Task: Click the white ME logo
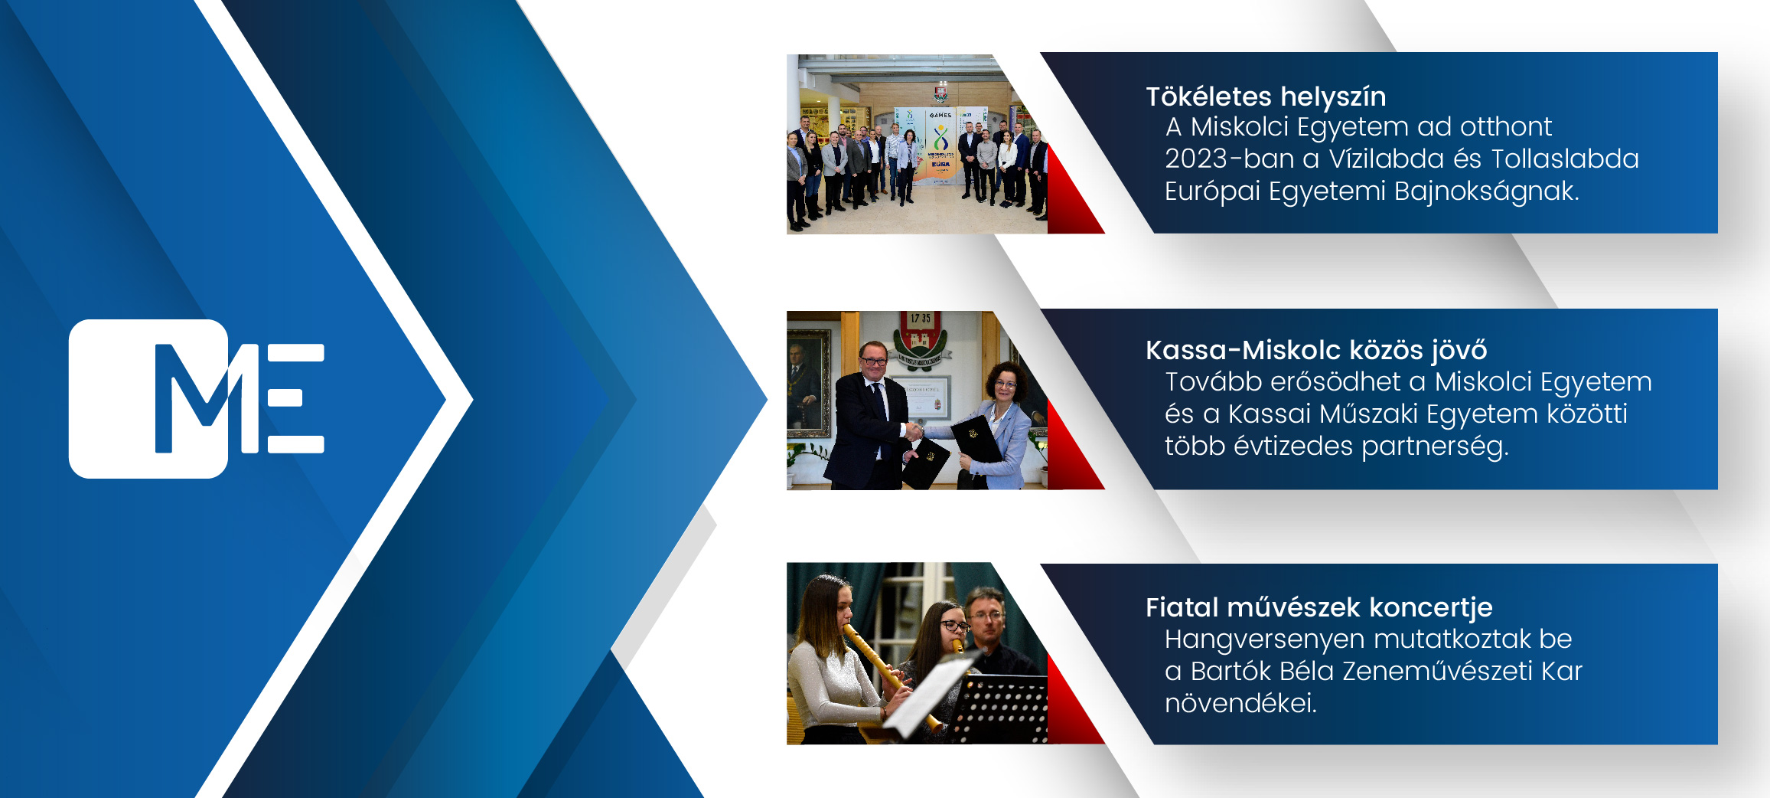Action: pos(197,398)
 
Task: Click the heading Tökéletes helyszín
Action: pos(1266,97)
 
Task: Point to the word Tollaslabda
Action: pos(1565,159)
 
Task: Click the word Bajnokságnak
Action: pos(1487,191)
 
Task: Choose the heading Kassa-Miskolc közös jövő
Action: pos(1316,350)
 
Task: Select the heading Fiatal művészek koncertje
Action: pos(1319,608)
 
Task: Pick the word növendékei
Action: pos(1240,703)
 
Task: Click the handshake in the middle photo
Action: pos(914,431)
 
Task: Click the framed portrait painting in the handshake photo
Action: pos(809,383)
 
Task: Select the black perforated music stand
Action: pos(999,708)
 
